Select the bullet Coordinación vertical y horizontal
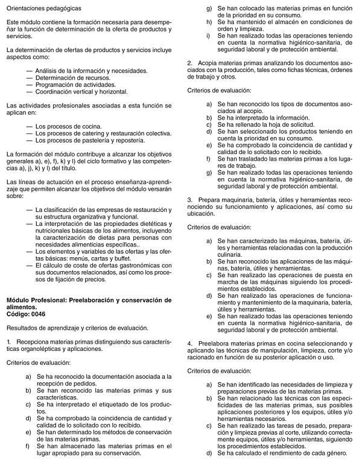[81, 92]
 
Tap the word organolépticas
[44, 349]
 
